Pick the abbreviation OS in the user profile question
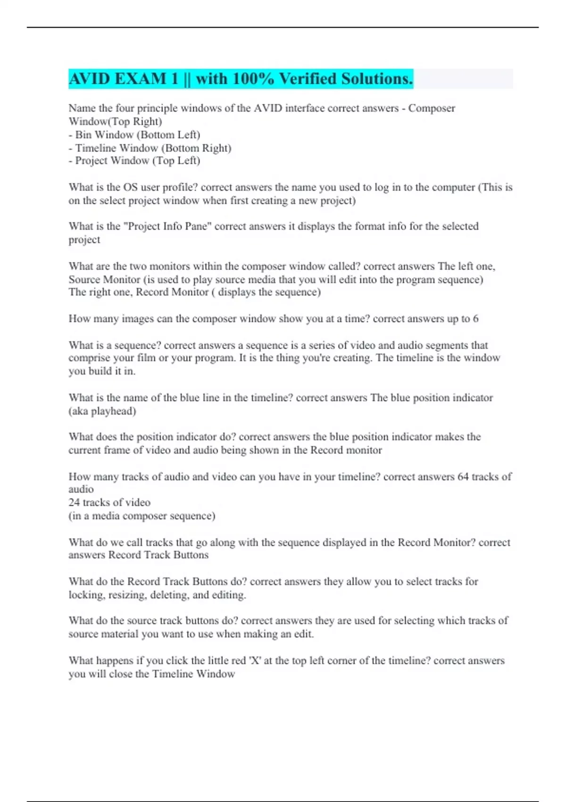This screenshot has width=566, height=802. [x=130, y=187]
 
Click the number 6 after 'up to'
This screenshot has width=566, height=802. [x=475, y=319]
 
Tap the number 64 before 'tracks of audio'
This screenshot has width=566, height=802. [x=463, y=476]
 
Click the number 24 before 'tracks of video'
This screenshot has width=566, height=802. [x=74, y=502]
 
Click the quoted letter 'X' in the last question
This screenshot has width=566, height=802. [x=255, y=660]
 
